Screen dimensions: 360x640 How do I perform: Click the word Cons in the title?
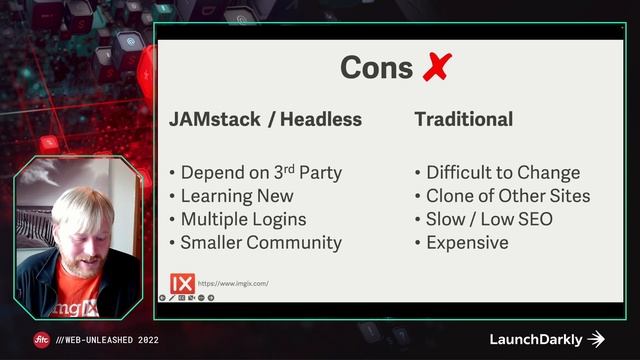[376, 68]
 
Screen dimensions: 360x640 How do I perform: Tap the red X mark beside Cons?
[436, 68]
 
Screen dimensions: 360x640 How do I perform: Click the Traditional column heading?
[463, 120]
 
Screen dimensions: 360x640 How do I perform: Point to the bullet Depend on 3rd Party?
[261, 173]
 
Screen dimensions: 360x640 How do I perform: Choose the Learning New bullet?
[235, 196]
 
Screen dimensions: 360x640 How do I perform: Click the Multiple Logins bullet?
[243, 219]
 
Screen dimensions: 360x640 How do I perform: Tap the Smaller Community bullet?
[261, 242]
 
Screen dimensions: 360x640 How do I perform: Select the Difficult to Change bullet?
[503, 173]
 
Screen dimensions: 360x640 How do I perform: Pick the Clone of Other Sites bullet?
[508, 196]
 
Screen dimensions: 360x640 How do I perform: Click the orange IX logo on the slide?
[182, 283]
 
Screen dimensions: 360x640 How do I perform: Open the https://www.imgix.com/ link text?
[234, 284]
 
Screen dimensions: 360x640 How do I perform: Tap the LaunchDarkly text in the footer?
[536, 339]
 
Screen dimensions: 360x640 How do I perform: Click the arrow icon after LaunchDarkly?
[597, 339]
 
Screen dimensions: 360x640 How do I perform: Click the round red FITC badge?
[42, 339]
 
